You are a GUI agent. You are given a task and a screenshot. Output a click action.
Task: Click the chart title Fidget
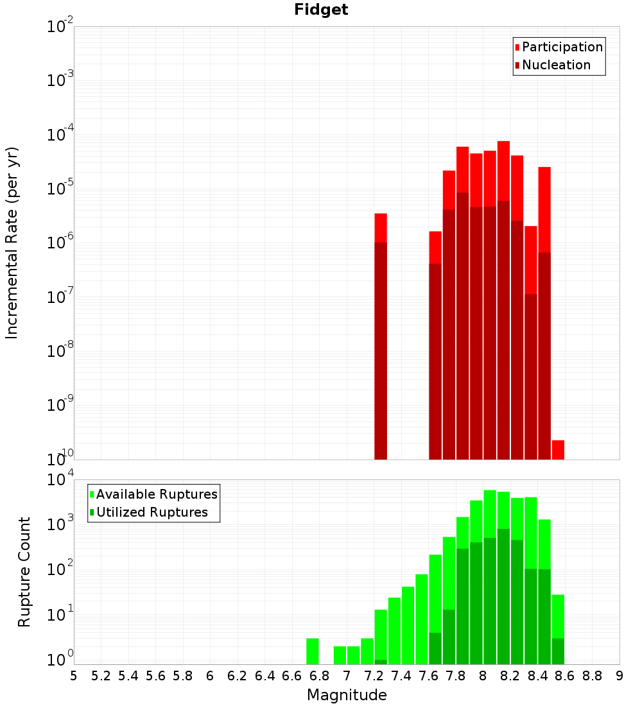(x=321, y=10)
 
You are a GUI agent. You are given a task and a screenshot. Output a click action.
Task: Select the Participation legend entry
(x=562, y=47)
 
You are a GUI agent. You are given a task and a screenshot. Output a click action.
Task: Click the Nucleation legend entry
(x=556, y=65)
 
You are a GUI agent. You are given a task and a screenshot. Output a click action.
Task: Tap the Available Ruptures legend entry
(x=157, y=494)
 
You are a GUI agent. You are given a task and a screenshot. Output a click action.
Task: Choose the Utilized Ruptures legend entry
(x=152, y=512)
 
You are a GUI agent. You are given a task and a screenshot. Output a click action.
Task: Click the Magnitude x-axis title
(x=347, y=695)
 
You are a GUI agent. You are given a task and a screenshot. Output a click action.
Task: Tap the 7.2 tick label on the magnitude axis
(x=374, y=676)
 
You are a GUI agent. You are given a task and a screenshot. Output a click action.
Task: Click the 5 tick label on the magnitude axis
(x=74, y=676)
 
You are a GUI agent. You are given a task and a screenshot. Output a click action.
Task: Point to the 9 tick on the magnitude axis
(x=620, y=676)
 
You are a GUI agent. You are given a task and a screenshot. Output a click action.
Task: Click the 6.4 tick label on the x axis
(x=265, y=676)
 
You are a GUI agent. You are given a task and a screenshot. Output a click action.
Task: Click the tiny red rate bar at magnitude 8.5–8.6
(x=558, y=450)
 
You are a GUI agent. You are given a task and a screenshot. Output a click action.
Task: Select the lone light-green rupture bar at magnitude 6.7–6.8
(x=313, y=651)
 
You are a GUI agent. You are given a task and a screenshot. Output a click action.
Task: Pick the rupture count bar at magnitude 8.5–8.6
(x=558, y=629)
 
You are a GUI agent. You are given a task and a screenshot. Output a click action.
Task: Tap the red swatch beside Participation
(x=517, y=47)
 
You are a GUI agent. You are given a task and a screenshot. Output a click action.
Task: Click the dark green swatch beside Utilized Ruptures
(x=92, y=513)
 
